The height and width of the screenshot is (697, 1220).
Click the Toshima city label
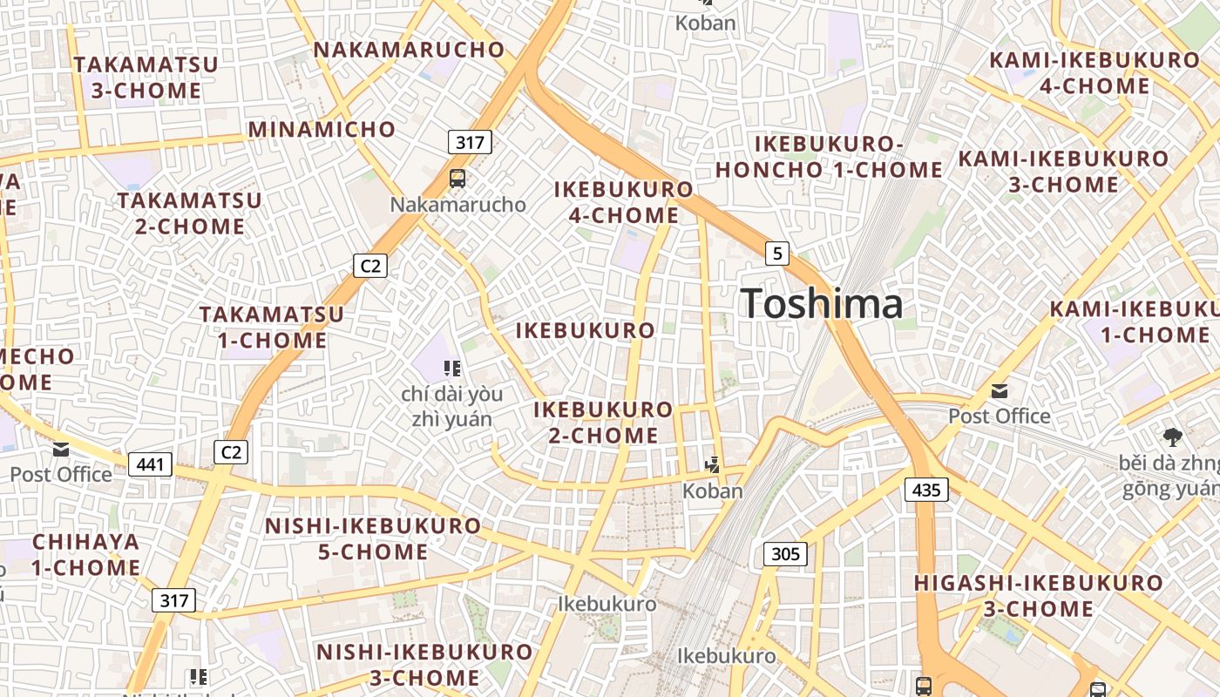tap(822, 304)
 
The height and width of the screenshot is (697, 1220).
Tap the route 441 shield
tap(150, 464)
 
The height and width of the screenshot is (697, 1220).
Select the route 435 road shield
tap(925, 490)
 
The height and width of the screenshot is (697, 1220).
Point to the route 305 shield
tap(785, 553)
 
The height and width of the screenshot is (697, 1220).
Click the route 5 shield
tap(776, 254)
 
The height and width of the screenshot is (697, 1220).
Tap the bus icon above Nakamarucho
tap(457, 179)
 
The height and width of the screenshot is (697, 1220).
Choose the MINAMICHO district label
tap(322, 130)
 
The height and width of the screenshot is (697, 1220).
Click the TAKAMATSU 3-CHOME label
tap(146, 78)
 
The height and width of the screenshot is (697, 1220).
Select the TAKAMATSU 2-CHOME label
tap(189, 213)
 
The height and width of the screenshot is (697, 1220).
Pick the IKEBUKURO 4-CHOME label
tap(624, 202)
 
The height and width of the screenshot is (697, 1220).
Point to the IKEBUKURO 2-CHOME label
tap(603, 423)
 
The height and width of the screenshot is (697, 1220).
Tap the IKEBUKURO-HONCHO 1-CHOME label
tap(829, 157)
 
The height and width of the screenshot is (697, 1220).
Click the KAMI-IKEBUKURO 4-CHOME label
tap(1095, 73)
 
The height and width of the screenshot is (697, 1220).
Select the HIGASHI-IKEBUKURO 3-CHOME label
tap(1038, 595)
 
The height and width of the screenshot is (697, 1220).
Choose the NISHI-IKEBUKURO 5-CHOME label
tap(372, 538)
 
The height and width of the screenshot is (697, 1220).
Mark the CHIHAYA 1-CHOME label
tap(86, 554)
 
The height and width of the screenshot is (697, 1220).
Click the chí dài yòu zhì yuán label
tap(451, 406)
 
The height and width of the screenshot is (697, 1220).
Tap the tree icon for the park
tap(1172, 436)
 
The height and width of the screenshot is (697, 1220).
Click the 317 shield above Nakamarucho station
tap(470, 142)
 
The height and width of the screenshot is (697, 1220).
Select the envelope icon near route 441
tap(61, 450)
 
